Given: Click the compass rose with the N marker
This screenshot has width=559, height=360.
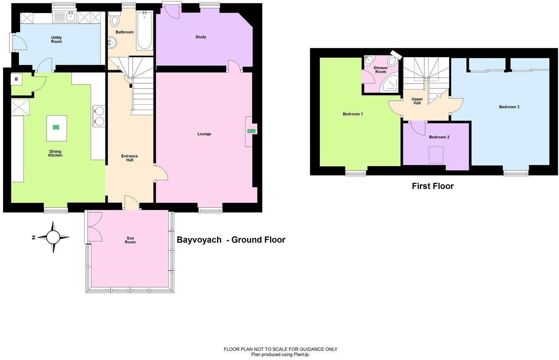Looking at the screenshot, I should click(x=53, y=237).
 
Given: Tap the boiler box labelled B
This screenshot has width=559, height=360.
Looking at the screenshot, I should click(x=17, y=79).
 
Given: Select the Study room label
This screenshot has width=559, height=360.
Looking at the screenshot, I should click(x=201, y=37).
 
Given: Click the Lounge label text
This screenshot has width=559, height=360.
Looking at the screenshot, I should click(x=204, y=134).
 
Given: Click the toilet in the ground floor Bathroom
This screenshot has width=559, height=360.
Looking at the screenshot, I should click(x=114, y=20).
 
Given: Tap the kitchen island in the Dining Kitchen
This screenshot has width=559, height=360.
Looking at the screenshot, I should click(x=56, y=128).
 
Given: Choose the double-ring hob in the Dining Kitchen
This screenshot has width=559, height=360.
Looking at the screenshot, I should click(x=99, y=116).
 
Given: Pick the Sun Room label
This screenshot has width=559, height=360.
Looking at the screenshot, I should click(x=130, y=240).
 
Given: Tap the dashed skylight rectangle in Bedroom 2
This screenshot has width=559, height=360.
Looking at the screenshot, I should click(x=436, y=155).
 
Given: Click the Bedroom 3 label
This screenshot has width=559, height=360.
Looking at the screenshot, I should click(x=509, y=107).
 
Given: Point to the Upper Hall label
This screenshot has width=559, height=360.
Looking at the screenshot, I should click(x=417, y=101).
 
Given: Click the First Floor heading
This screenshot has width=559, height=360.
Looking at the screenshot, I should click(x=433, y=186).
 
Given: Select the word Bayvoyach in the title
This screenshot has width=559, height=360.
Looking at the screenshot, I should click(x=199, y=240).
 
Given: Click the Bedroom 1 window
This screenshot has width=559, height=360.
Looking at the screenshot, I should click(x=356, y=172).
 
